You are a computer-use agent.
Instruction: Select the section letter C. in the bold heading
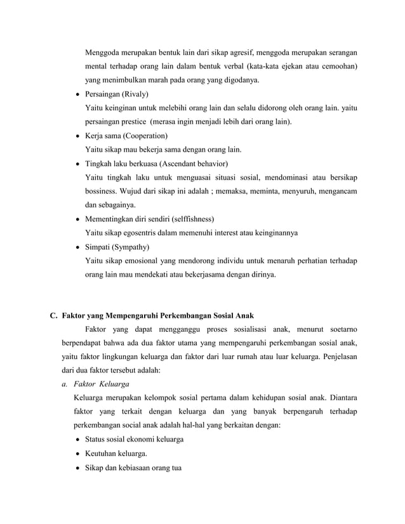coord(55,315)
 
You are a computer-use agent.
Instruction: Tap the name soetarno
coord(338,329)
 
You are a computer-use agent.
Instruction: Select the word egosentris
coord(145,233)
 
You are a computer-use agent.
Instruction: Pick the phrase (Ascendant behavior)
coord(181,164)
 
